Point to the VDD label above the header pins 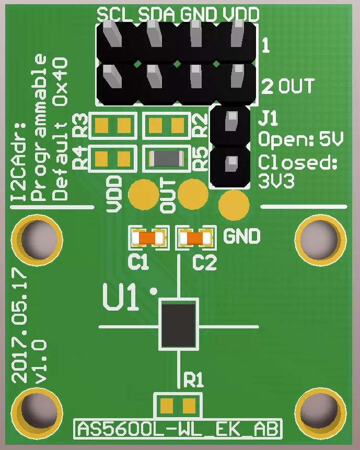[x=240, y=15]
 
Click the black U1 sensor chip [x=178, y=324]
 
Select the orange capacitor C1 [x=149, y=238]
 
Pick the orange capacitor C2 [x=196, y=238]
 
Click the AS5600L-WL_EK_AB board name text [x=178, y=429]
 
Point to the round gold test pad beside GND [x=234, y=205]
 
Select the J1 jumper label [x=269, y=119]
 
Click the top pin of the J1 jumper [x=229, y=123]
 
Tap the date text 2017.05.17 [x=20, y=324]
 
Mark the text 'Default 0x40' [x=61, y=128]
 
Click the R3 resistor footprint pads [x=113, y=125]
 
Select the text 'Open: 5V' [x=301, y=139]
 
